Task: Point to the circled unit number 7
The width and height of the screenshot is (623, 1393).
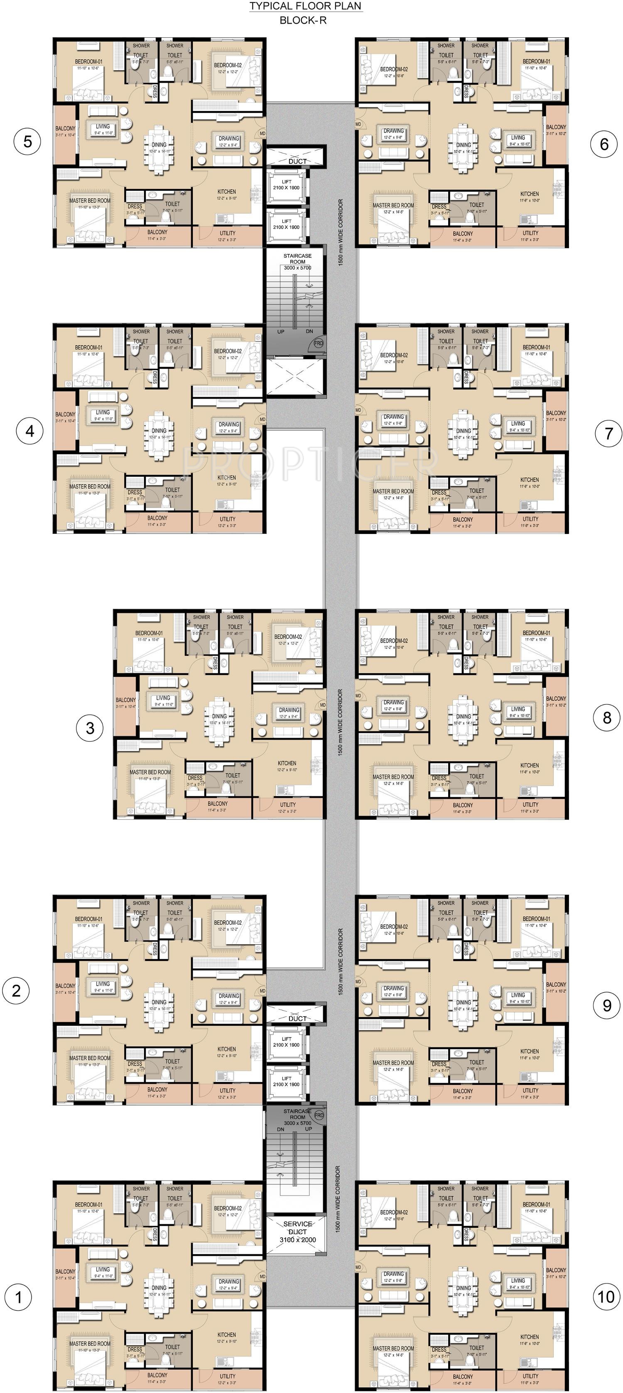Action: click(x=608, y=433)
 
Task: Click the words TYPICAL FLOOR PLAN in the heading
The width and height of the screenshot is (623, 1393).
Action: click(x=305, y=7)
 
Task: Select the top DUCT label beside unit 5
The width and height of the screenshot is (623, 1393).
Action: click(x=297, y=161)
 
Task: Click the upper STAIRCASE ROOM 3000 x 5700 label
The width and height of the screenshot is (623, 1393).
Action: click(x=297, y=262)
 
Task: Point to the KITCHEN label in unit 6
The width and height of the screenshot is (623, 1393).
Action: click(x=530, y=194)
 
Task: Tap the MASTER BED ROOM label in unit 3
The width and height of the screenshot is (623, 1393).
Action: click(x=150, y=772)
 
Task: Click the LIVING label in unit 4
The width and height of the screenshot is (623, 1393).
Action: click(x=103, y=412)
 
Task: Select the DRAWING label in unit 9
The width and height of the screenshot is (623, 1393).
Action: click(x=393, y=988)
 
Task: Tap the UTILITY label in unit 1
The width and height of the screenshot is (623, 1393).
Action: click(x=227, y=1376)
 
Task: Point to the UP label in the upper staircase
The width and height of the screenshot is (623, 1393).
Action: click(x=281, y=331)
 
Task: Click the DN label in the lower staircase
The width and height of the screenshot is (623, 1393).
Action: click(x=280, y=1130)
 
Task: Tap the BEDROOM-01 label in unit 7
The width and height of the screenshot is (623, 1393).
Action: click(x=536, y=347)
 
